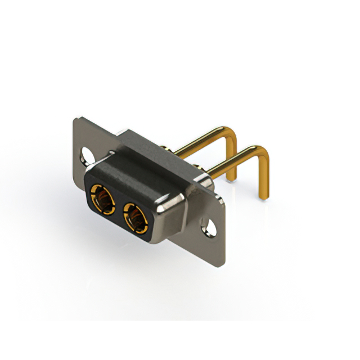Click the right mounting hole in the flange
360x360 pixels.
[x=211, y=229]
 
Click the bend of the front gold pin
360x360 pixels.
[x=261, y=150]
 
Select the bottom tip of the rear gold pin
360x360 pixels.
[x=232, y=179]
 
